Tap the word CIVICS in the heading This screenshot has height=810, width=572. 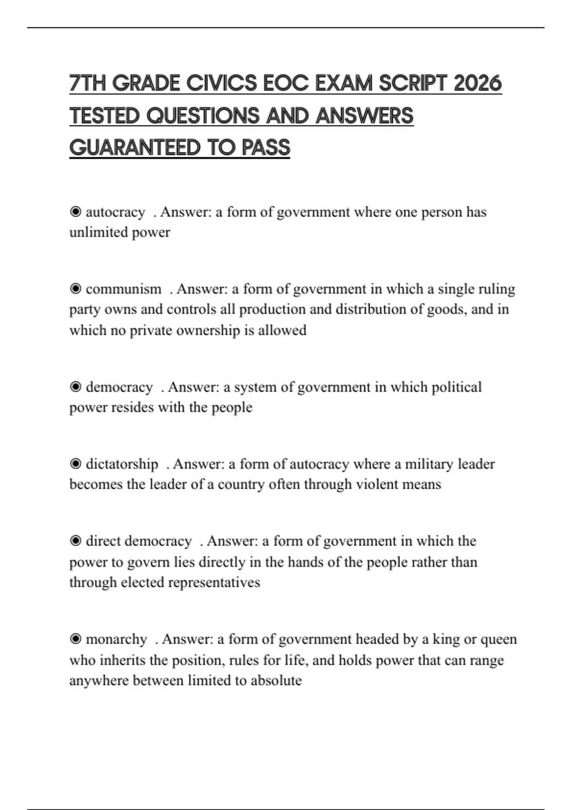point(222,84)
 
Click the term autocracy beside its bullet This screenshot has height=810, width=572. point(115,212)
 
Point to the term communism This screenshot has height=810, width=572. point(123,289)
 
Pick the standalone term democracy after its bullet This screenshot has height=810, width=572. point(119,387)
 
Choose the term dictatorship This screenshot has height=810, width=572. point(122,464)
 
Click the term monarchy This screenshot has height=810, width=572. point(116,639)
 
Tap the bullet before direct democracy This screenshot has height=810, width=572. point(75,541)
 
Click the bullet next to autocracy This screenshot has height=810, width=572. point(75,212)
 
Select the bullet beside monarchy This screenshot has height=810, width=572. point(75,639)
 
